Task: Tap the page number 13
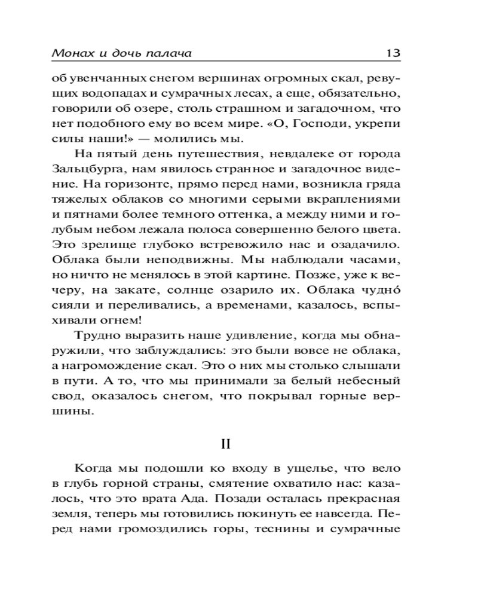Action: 392,53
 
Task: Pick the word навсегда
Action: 343,514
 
